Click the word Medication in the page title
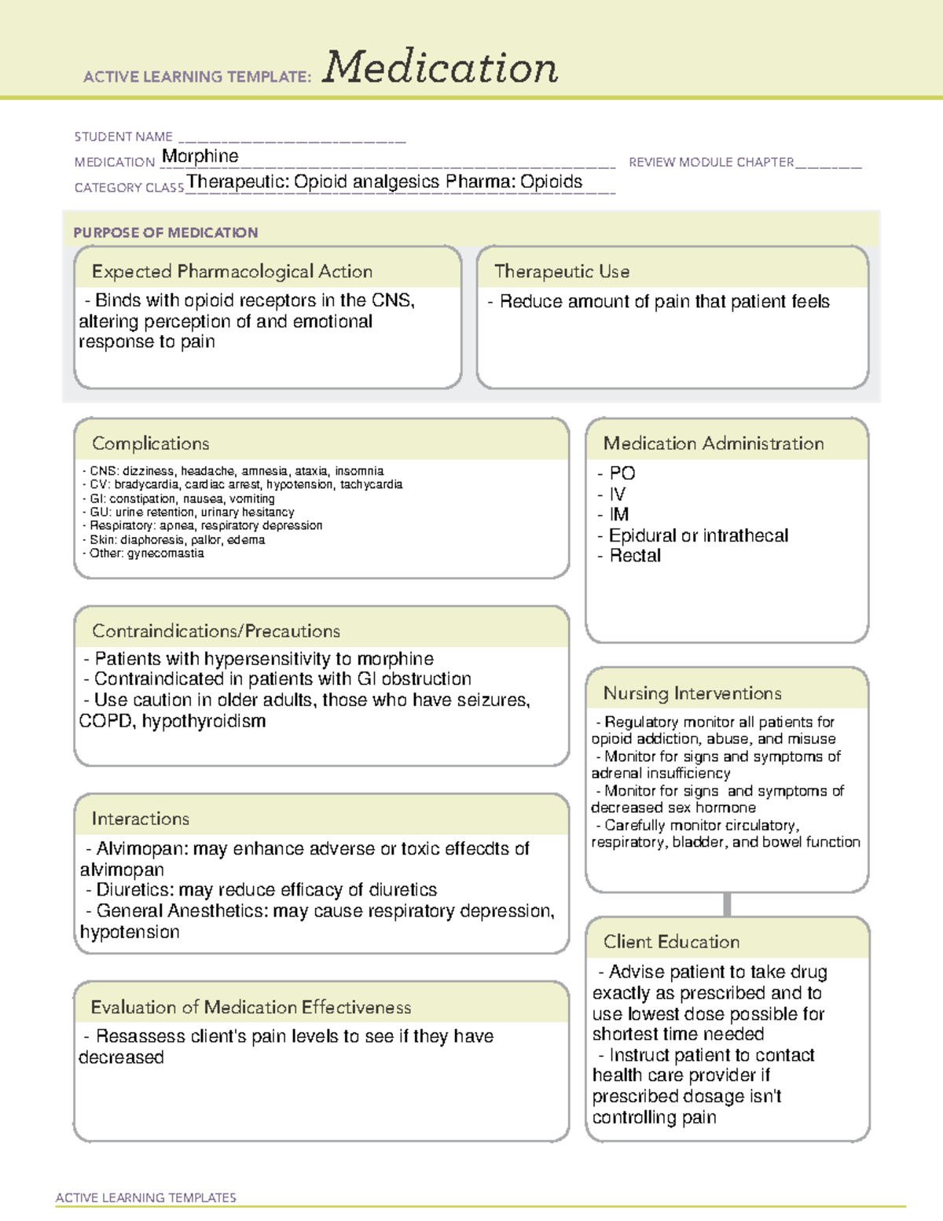pos(440,68)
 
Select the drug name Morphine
pos(200,156)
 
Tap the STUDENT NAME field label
pos(123,137)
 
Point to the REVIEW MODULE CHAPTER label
pos(711,163)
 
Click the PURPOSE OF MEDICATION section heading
pos(165,233)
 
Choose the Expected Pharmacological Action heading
pos(232,272)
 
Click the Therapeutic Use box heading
pos(562,272)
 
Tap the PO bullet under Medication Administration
pos(622,473)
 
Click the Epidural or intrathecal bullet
pos(698,535)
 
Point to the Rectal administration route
pos(635,556)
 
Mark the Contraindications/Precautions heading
pos(216,631)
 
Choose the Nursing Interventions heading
pos(692,693)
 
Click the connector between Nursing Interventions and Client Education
pos(727,905)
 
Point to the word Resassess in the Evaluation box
pos(141,1037)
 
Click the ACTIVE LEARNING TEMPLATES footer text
pos(146,1197)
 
